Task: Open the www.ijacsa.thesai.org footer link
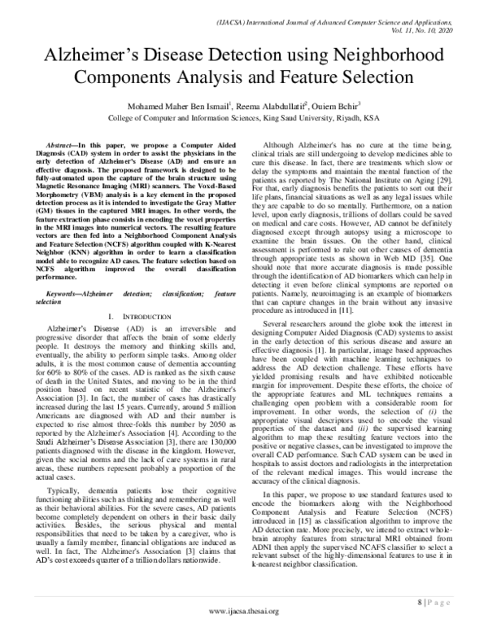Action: click(x=244, y=612)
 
